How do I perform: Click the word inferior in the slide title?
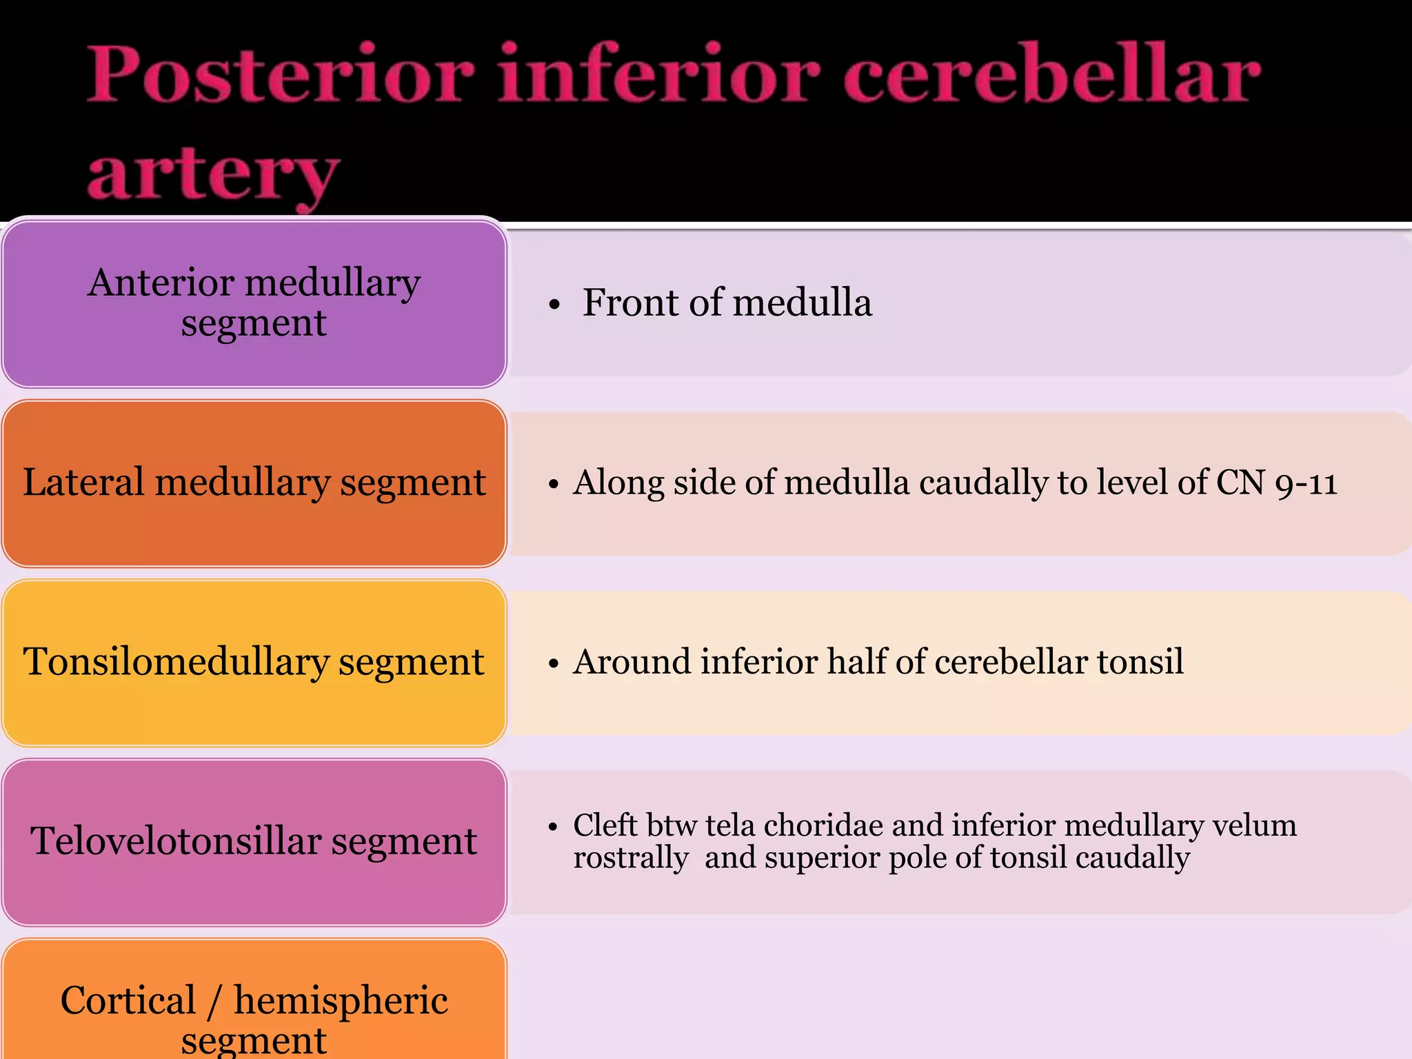click(x=658, y=74)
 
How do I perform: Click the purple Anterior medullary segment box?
click(x=254, y=303)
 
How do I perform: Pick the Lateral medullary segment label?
click(x=254, y=483)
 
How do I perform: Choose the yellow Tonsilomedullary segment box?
click(x=254, y=662)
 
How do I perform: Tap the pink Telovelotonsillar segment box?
click(x=254, y=841)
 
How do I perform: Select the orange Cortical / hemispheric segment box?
click(x=254, y=1007)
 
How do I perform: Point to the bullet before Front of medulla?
click(x=554, y=305)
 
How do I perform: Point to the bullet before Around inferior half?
click(x=553, y=664)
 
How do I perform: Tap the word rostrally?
click(x=631, y=858)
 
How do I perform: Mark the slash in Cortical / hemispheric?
click(x=215, y=1001)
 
